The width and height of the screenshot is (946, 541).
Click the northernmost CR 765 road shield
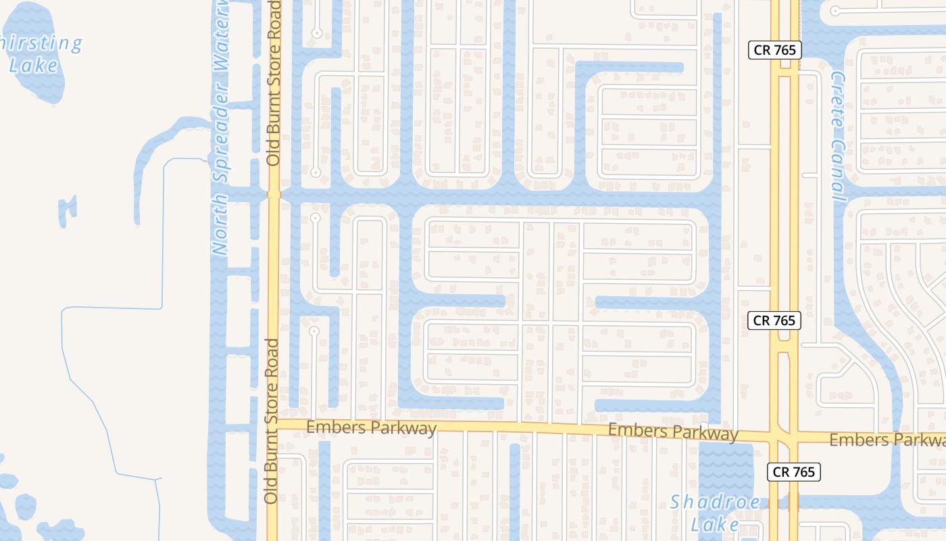pyautogui.click(x=774, y=49)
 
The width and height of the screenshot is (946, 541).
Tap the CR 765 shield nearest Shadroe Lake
pyautogui.click(x=793, y=471)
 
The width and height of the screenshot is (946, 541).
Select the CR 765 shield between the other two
pyautogui.click(x=774, y=320)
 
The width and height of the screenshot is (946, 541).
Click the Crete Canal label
pyautogui.click(x=838, y=137)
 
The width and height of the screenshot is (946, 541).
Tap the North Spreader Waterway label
pyautogui.click(x=221, y=128)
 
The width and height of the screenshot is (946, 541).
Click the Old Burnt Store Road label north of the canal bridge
pyautogui.click(x=274, y=83)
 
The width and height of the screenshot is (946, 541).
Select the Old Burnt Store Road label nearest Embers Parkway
pyautogui.click(x=272, y=421)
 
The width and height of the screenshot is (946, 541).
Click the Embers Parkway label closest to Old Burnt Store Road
pyautogui.click(x=371, y=428)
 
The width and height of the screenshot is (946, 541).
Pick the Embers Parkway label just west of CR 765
pyautogui.click(x=672, y=432)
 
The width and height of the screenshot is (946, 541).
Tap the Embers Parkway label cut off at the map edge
pyautogui.click(x=887, y=440)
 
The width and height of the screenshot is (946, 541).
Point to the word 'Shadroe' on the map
pyautogui.click(x=715, y=503)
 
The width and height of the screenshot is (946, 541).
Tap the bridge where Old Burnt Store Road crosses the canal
pyautogui.click(x=274, y=194)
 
